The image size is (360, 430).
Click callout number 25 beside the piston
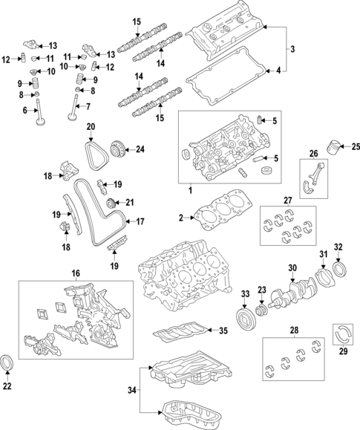[x=355, y=147]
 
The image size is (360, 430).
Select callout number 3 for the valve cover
[x=293, y=50]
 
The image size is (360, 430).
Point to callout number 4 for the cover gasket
[x=278, y=71]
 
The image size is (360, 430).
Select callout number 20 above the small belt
[x=91, y=128]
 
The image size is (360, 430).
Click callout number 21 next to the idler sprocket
[x=129, y=202]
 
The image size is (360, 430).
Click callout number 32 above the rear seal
[x=338, y=247]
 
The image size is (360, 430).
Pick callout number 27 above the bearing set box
[x=288, y=200]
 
